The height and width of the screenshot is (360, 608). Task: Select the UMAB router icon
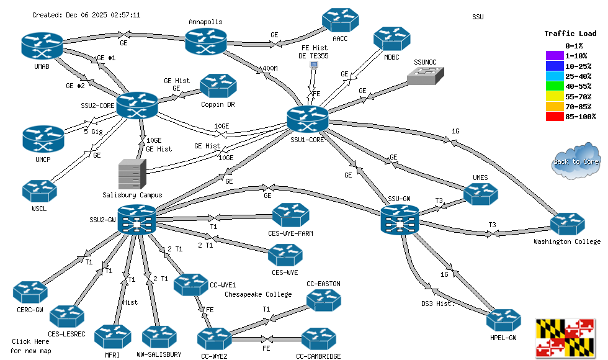pos(42,45)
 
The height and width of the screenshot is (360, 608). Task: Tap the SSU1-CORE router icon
pos(308,119)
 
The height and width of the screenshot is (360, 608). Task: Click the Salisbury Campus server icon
pos(132,174)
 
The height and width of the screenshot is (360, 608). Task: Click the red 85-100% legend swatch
pos(554,116)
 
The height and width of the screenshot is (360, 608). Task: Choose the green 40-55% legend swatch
pos(554,86)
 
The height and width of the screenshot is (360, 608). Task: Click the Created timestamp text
pos(86,15)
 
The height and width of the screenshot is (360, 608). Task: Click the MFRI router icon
pos(112,337)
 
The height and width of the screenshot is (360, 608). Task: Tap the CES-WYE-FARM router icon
pos(292,215)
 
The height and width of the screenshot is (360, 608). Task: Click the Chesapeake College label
pos(258,294)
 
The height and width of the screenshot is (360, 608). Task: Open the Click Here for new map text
pos(31,346)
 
